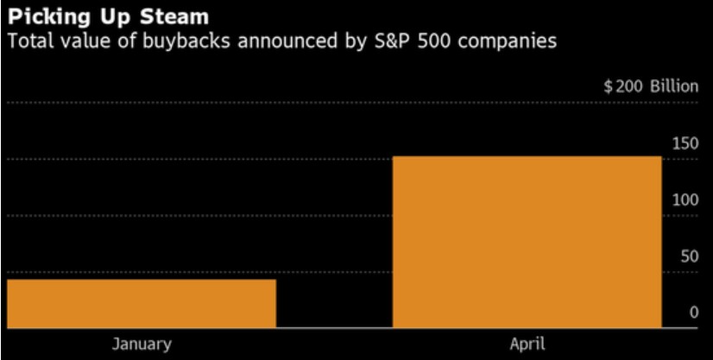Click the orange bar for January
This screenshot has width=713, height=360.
142,303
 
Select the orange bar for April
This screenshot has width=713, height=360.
527,242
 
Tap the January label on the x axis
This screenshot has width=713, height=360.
142,344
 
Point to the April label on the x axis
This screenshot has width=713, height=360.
527,344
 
